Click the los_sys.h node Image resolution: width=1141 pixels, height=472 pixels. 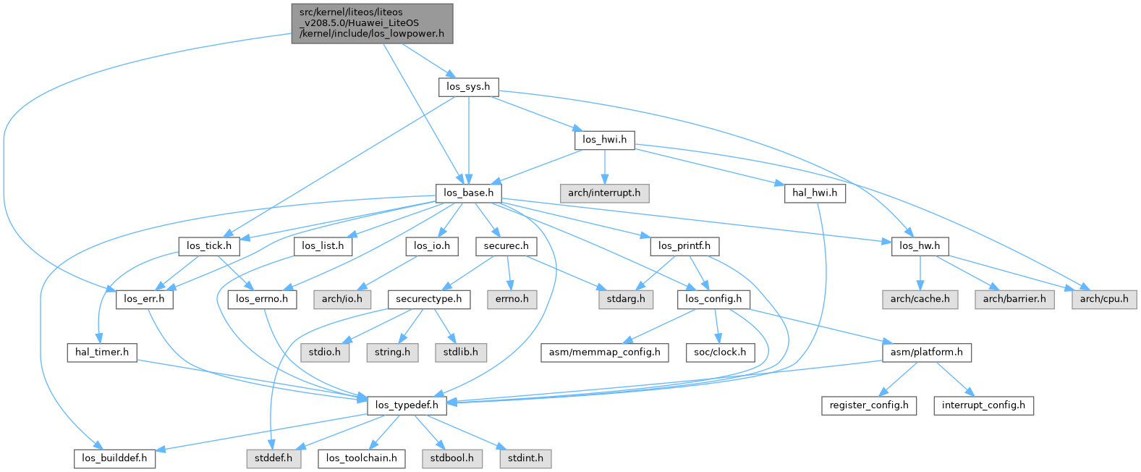[x=468, y=87]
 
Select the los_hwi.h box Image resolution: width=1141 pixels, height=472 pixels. [x=604, y=140]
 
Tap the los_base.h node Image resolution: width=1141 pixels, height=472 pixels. [x=469, y=193]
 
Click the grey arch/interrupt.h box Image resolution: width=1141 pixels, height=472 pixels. [x=604, y=193]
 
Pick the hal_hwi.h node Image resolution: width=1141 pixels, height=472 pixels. [x=815, y=193]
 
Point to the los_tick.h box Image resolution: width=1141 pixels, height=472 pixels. [x=209, y=246]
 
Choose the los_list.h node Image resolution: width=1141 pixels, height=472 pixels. [x=323, y=246]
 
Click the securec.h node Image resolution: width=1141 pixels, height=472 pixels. [x=506, y=246]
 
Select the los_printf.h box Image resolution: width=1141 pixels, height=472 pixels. [x=684, y=246]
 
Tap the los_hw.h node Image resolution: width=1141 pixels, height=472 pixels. [x=920, y=246]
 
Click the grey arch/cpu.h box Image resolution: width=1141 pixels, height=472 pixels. [x=1104, y=299]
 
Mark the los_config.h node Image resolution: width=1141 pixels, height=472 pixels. [x=713, y=299]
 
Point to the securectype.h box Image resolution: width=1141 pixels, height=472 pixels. [x=429, y=299]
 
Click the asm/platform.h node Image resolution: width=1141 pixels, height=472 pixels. [x=926, y=353]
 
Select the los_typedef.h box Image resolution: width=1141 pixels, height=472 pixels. [x=407, y=405]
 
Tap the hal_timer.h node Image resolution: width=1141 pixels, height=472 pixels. [x=102, y=353]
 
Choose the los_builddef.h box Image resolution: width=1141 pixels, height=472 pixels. [x=114, y=458]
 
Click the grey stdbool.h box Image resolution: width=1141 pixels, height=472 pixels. [x=451, y=458]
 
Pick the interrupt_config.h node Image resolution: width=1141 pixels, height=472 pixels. [x=983, y=405]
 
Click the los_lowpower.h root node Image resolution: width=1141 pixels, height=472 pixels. [x=372, y=23]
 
